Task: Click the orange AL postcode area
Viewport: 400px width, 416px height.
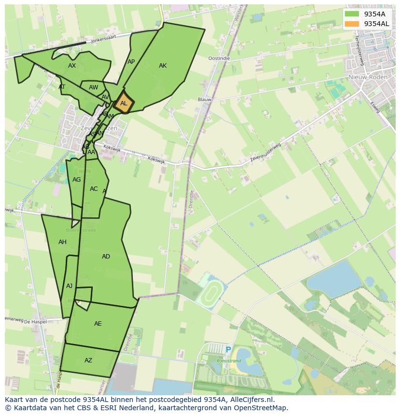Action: [x=123, y=103]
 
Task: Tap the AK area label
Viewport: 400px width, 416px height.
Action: [x=163, y=66]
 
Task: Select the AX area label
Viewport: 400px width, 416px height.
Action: [x=72, y=66]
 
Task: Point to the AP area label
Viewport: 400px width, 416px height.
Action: [x=131, y=62]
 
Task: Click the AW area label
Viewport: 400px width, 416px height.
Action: [x=93, y=87]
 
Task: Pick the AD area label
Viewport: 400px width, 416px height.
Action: [x=106, y=257]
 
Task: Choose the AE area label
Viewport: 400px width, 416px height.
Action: [x=98, y=324]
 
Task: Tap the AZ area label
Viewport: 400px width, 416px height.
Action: [x=88, y=360]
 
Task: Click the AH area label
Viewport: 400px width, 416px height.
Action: [x=62, y=242]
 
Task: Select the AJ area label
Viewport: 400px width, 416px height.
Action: [x=70, y=286]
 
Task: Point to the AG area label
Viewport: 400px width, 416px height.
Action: [x=76, y=180]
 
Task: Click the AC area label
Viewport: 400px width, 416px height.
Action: [x=94, y=189]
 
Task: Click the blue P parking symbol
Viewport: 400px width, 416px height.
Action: [x=228, y=350]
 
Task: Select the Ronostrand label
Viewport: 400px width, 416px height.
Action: [x=229, y=360]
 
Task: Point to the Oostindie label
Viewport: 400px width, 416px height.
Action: [x=219, y=58]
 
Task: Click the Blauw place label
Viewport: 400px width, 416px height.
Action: [x=205, y=100]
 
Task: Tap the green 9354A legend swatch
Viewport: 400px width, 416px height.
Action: [x=352, y=14]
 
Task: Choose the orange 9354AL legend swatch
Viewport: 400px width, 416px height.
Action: [x=352, y=24]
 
